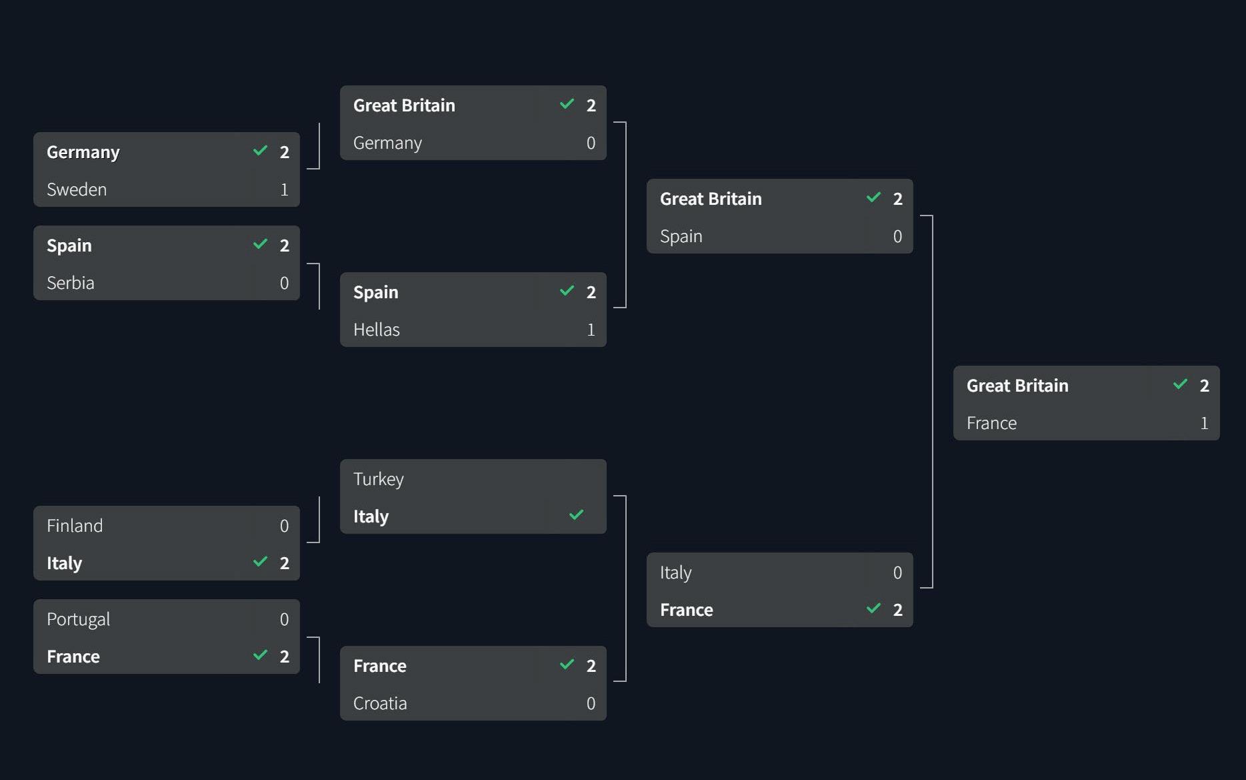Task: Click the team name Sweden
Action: (77, 189)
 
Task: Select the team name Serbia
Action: (71, 283)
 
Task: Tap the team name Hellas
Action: (377, 330)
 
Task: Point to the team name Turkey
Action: (379, 479)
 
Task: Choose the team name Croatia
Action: (380, 703)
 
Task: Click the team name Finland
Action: (75, 526)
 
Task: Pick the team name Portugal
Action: (79, 619)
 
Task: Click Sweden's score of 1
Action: (284, 189)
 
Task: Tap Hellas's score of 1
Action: (591, 330)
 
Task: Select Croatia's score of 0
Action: (591, 703)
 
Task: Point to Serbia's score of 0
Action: (284, 283)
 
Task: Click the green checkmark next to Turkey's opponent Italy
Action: (577, 515)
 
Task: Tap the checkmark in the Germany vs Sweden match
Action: (260, 151)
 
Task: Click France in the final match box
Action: (991, 423)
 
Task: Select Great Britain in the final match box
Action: (1017, 386)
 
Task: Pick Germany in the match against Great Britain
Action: (387, 143)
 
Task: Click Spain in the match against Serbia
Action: (69, 246)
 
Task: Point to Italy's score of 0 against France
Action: (897, 572)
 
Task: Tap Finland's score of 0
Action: (284, 526)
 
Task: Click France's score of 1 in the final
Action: (1204, 423)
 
